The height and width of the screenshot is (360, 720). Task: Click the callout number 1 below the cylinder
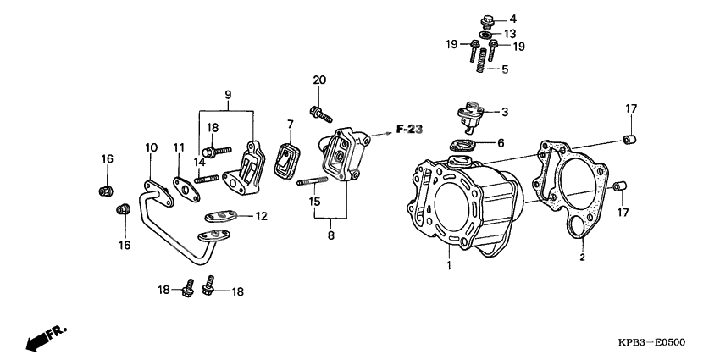pyautogui.click(x=450, y=267)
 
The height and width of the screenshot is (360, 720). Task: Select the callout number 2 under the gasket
pyautogui.click(x=582, y=255)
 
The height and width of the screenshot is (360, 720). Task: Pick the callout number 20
pyautogui.click(x=318, y=80)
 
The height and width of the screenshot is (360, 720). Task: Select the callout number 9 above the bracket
pyautogui.click(x=227, y=93)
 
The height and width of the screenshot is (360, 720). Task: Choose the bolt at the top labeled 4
pyautogui.click(x=490, y=19)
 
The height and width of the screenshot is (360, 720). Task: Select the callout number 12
pyautogui.click(x=261, y=217)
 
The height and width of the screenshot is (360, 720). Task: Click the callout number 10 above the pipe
pyautogui.click(x=151, y=147)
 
